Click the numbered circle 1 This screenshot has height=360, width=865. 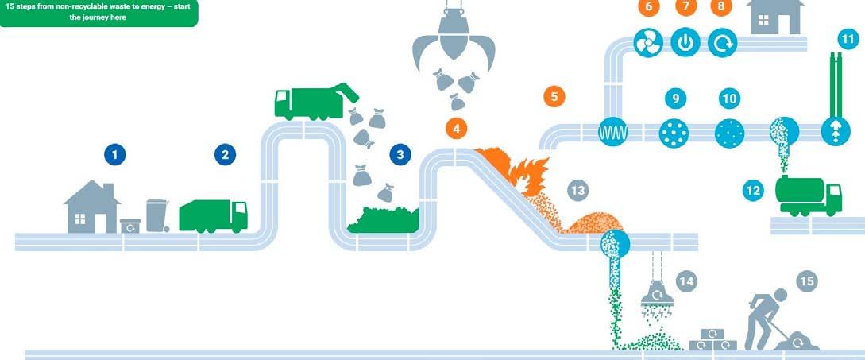coord(117,155)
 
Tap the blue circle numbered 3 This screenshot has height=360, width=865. coord(401,155)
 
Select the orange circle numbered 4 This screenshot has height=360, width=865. coord(456,126)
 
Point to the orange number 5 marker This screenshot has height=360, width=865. coord(554,97)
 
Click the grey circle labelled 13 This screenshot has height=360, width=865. coord(577,190)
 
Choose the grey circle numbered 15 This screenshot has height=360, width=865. coord(807,281)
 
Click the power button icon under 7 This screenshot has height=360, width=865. coord(685,43)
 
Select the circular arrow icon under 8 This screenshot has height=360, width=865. coord(721,43)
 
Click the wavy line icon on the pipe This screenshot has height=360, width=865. coord(612,132)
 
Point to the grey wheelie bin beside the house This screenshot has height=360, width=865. coord(156,215)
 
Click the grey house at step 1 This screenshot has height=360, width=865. coord(91,207)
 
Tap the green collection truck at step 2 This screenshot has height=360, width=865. coord(213,215)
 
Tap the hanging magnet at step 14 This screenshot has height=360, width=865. coord(657,295)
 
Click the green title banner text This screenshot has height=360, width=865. coord(98,12)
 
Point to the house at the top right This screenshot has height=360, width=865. coord(775,17)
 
